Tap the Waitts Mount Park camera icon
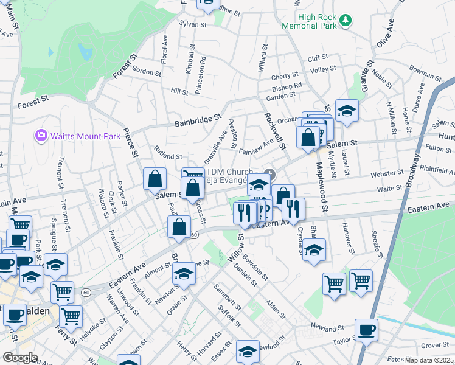[41, 135]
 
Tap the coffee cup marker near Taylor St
[366, 330]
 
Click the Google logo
[20, 358]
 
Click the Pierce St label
[130, 144]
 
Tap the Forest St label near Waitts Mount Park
[33, 102]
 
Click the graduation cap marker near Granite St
[347, 111]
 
